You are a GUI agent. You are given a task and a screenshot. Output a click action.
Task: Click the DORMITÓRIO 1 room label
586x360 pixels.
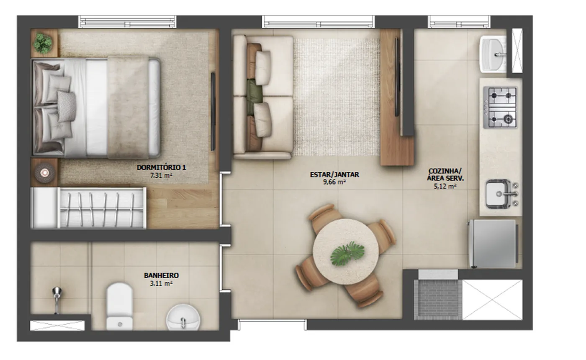click(161, 167)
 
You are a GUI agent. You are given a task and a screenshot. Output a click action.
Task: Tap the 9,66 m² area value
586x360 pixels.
click(334, 182)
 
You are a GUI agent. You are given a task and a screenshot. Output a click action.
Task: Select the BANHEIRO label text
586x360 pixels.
click(161, 275)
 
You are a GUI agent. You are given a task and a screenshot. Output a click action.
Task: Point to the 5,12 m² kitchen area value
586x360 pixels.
click(445, 186)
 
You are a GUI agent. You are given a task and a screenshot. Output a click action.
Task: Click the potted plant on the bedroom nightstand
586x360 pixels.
click(43, 43)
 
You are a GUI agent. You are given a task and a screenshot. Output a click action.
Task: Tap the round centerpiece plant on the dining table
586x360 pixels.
click(347, 253)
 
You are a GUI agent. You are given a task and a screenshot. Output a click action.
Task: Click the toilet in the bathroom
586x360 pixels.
click(120, 306)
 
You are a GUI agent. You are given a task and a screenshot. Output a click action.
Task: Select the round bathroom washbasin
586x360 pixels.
click(183, 317)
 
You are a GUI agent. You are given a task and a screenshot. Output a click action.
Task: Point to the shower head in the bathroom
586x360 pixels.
click(57, 300)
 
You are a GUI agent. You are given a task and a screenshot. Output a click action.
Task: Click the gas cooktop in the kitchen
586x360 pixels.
click(500, 108)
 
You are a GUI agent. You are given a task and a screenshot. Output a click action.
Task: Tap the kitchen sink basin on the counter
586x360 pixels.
click(499, 194)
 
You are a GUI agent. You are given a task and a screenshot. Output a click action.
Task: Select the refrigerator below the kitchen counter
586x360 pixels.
click(493, 244)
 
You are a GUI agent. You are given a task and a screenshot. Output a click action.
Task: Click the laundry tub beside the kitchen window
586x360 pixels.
click(493, 54)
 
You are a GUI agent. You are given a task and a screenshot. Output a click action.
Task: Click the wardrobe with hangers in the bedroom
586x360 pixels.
click(88, 208)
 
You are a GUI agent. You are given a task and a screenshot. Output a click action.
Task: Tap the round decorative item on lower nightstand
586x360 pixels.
click(44, 172)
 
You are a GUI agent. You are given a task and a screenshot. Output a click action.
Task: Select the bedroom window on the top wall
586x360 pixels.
click(127, 22)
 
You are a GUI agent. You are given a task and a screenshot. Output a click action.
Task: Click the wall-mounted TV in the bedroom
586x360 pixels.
click(213, 112)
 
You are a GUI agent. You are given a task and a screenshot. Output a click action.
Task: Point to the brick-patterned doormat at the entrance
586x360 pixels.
click(438, 300)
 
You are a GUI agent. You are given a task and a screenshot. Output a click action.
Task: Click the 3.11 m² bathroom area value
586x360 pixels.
click(161, 283)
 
